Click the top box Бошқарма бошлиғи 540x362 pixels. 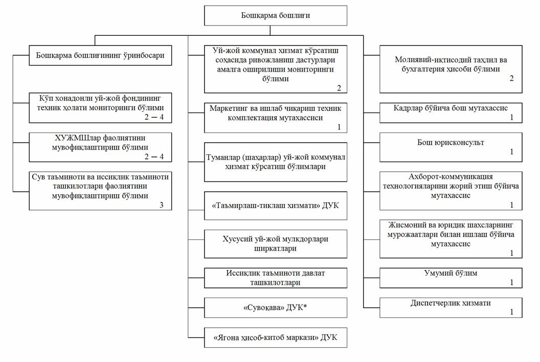276,15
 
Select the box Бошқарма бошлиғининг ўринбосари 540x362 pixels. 100,55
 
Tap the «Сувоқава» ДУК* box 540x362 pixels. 276,308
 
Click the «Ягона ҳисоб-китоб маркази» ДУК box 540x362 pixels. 276,337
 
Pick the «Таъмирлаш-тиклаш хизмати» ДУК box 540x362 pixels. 276,206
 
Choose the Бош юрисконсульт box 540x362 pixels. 451,147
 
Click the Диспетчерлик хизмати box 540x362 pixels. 451,308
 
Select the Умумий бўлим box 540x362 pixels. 451,278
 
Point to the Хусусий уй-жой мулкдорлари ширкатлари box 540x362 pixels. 276,244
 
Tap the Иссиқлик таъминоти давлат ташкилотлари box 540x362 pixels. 276,278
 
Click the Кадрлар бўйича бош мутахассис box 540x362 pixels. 451,112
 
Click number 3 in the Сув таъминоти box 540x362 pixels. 162,205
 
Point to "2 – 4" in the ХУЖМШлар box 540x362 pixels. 154,157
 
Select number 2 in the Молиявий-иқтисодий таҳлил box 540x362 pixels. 511,78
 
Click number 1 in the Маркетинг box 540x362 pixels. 339,127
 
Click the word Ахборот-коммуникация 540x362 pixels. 451,176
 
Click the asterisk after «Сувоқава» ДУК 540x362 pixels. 305,306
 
